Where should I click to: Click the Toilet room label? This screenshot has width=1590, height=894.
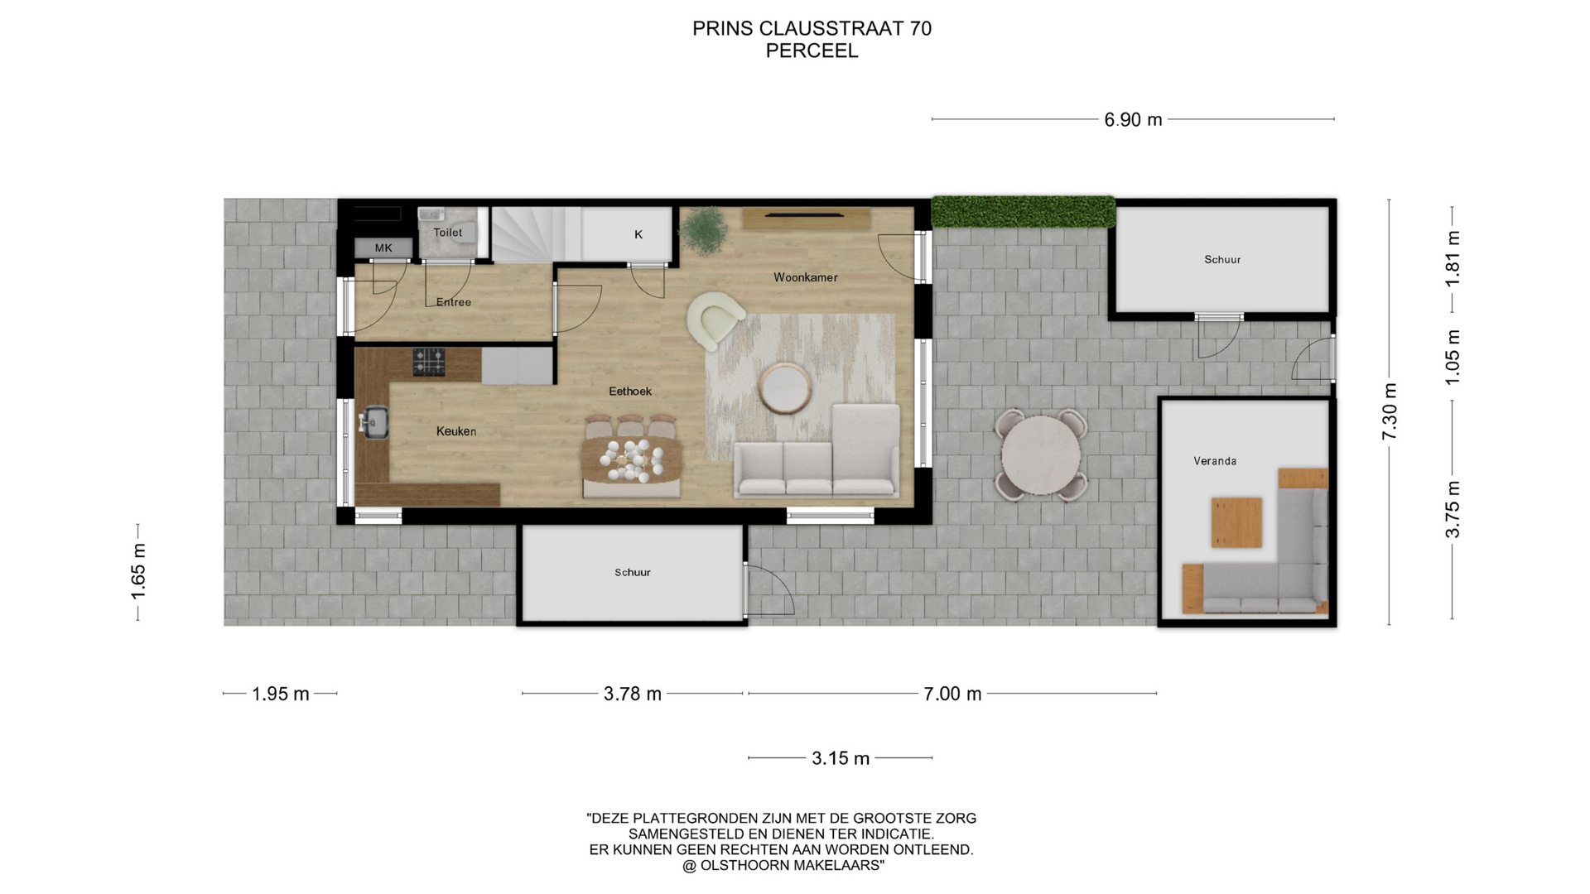click(448, 233)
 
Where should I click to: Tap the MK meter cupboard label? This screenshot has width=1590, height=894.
click(383, 248)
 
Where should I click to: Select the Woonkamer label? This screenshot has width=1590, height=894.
click(806, 277)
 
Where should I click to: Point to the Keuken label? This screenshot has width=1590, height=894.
click(456, 431)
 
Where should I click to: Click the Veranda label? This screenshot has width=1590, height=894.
click(1215, 461)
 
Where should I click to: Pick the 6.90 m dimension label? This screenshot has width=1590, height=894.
click(1133, 120)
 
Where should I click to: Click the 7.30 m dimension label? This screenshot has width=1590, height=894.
click(1390, 411)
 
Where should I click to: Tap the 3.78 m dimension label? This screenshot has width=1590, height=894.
click(633, 694)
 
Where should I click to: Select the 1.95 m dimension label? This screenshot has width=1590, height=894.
click(281, 694)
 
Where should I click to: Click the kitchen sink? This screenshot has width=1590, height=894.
click(375, 422)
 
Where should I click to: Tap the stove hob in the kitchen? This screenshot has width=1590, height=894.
click(429, 363)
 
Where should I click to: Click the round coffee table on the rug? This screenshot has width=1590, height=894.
click(785, 388)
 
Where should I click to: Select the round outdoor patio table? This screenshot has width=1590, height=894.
click(1041, 455)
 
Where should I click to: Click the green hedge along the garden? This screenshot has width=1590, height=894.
click(1024, 211)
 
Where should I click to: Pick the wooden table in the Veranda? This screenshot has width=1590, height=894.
click(1236, 522)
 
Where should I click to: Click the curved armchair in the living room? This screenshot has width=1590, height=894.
click(714, 320)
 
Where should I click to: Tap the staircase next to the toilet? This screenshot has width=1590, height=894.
click(536, 234)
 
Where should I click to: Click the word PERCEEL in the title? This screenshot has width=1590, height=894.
click(812, 50)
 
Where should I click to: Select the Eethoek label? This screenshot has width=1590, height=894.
click(630, 392)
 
